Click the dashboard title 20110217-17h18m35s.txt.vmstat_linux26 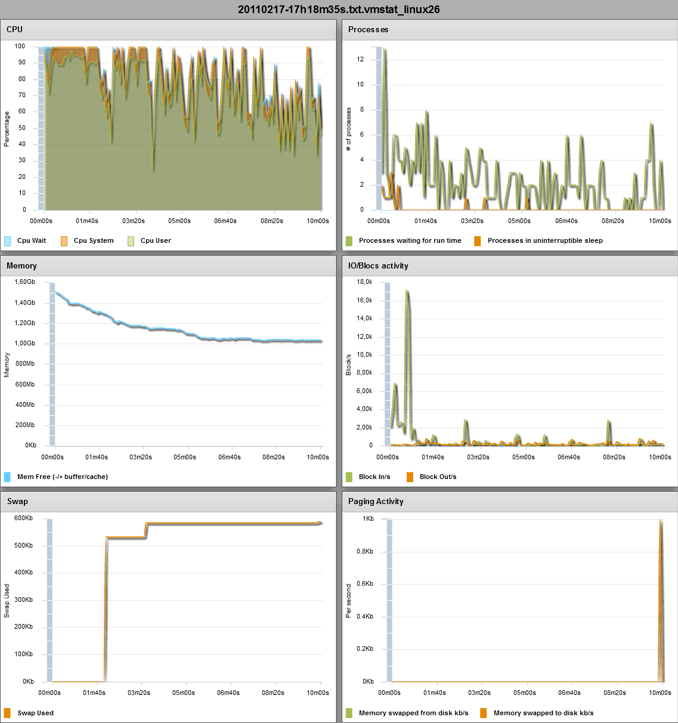coord(339,9)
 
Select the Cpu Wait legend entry coord(31,241)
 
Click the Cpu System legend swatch coord(64,241)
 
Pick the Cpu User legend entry coord(155,241)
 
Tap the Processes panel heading coord(368,29)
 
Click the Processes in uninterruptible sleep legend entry coord(544,241)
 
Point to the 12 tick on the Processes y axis coord(360,59)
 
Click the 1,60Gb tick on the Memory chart coord(24,282)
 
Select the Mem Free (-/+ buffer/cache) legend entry coord(62,477)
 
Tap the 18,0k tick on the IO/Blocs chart coord(364,282)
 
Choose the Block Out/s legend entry coord(438,477)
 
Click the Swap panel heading coord(17,502)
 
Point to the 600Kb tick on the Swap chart coord(23,518)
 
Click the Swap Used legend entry coord(35,713)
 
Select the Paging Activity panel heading coord(376,502)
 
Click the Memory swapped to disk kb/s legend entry coord(543,713)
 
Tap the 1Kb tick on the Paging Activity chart coord(368,519)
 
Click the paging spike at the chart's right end coord(660,537)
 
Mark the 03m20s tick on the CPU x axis coord(134,221)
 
